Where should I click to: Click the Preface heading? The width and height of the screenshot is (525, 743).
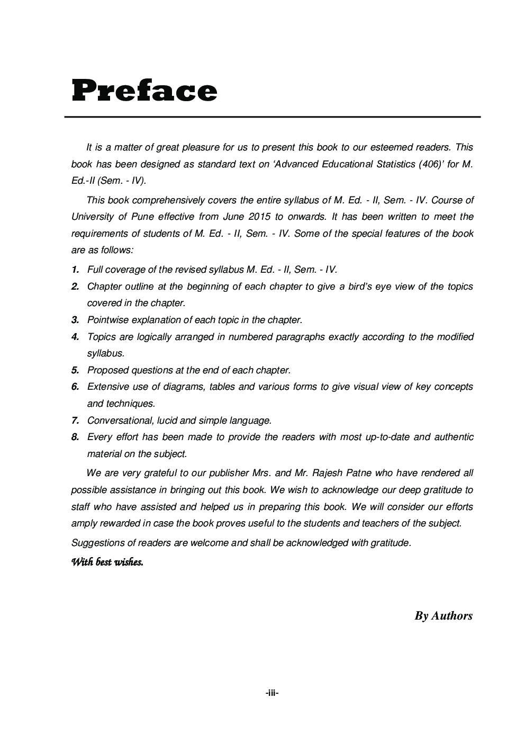(x=144, y=91)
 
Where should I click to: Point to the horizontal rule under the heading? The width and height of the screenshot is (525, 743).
(x=272, y=117)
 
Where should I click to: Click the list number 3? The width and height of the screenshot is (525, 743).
(x=75, y=320)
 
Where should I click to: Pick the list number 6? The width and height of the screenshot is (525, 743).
(x=75, y=387)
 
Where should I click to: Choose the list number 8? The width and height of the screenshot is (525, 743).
(x=75, y=437)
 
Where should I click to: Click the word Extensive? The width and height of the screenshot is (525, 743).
(x=108, y=387)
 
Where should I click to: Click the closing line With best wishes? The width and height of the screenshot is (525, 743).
(x=107, y=562)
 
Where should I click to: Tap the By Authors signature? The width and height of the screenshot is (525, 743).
(x=443, y=615)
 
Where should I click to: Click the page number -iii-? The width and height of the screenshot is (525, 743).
(x=272, y=692)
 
